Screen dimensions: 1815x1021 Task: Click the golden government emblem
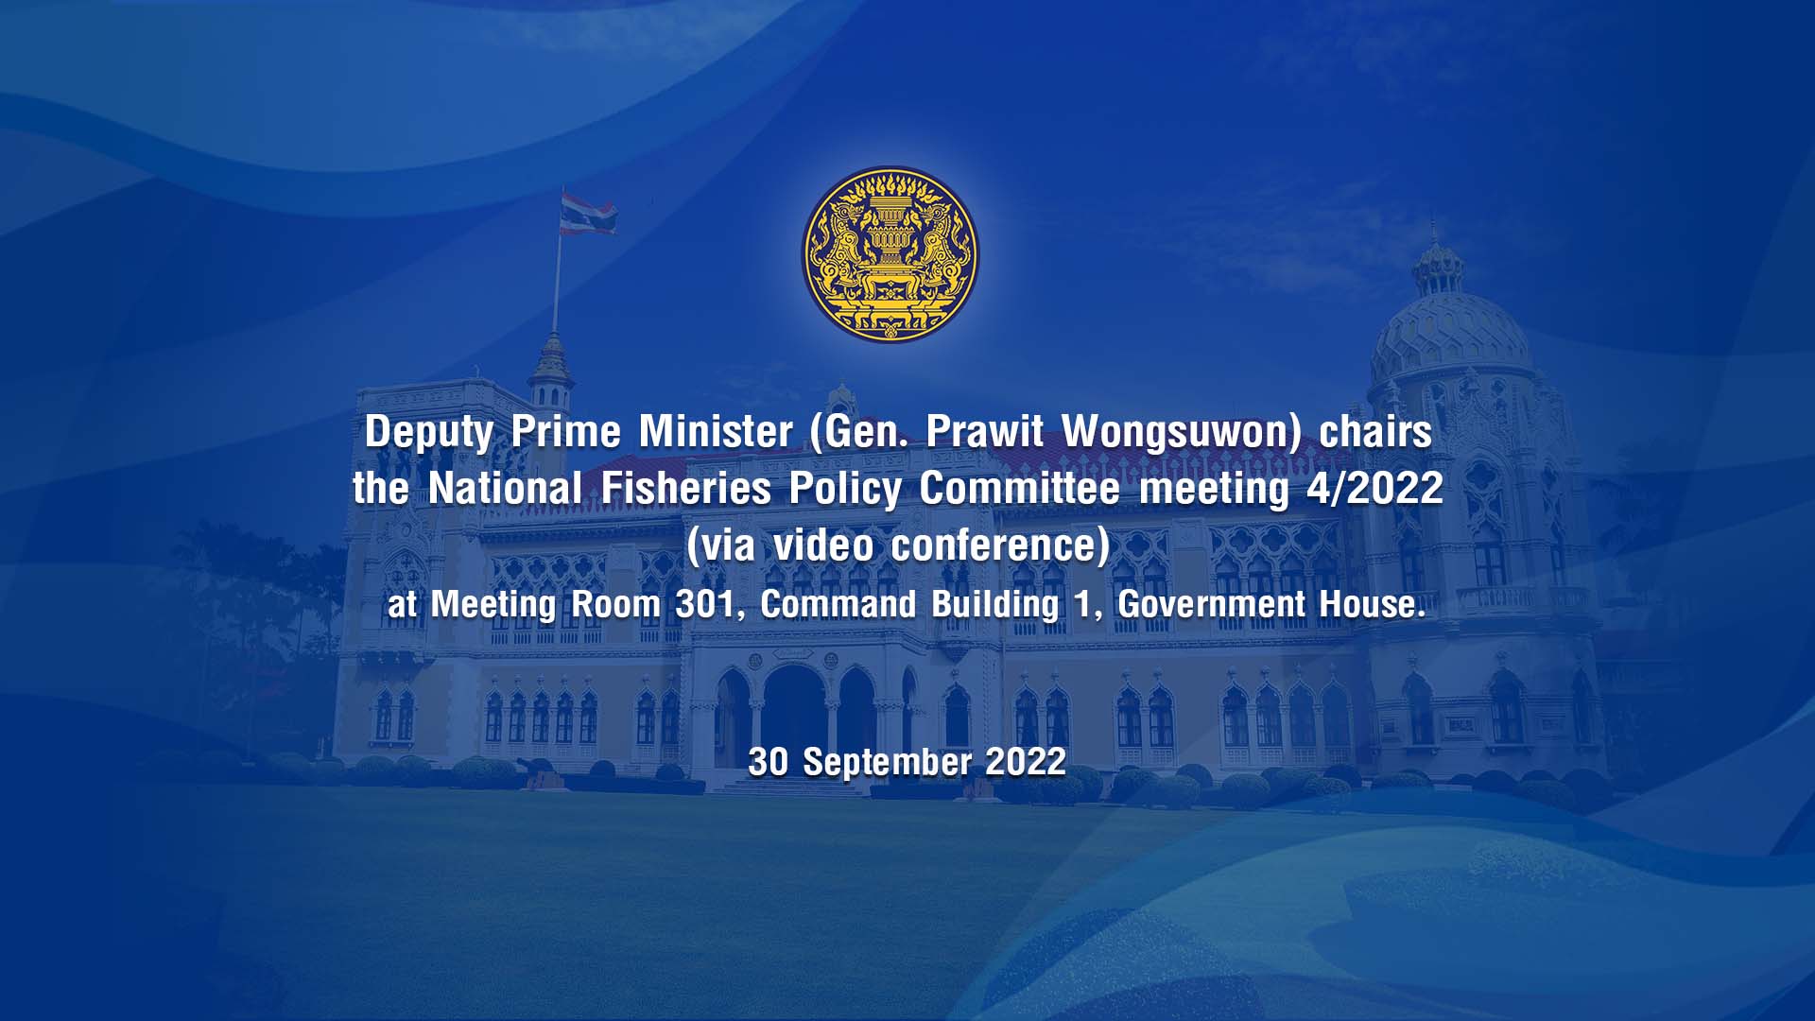[890, 254]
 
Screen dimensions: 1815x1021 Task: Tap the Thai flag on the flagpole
[588, 213]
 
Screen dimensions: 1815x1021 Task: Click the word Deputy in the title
[429, 433]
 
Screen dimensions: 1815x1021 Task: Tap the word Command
[838, 603]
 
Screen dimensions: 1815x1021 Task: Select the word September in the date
[887, 762]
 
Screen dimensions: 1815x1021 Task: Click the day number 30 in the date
[768, 761]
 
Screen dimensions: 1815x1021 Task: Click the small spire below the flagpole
[551, 364]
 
